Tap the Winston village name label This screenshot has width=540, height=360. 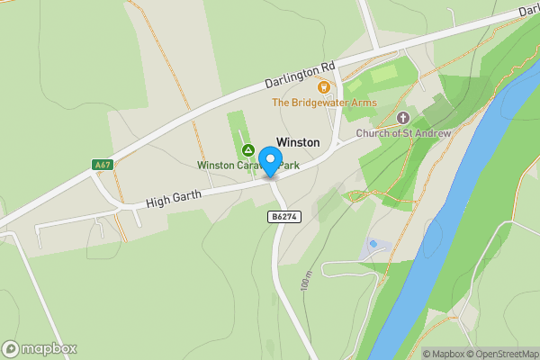[x=298, y=142]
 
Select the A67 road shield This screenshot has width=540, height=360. [x=103, y=165]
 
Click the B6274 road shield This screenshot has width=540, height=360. [x=283, y=217]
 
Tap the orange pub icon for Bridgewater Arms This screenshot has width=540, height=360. [x=324, y=86]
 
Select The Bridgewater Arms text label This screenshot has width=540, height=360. [x=324, y=103]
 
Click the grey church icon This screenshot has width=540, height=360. [x=402, y=118]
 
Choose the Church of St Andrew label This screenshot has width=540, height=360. [x=402, y=134]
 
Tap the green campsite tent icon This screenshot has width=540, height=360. [x=248, y=148]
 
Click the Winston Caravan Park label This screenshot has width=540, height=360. [x=247, y=166]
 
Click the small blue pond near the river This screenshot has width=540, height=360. [x=373, y=244]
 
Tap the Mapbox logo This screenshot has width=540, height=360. [x=40, y=348]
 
